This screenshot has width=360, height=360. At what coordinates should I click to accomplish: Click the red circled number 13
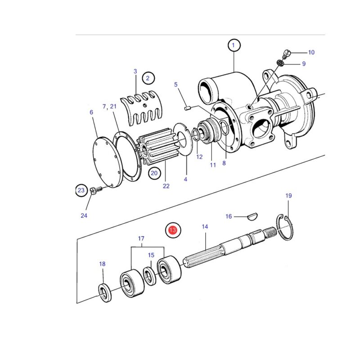(173, 230)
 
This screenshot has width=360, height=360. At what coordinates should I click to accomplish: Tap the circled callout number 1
(234, 45)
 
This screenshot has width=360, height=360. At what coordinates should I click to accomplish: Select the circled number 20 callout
(154, 173)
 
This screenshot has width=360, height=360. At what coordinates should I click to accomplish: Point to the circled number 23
(81, 190)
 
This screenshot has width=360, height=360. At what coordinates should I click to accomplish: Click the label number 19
(288, 196)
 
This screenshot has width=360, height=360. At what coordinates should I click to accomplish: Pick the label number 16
(229, 216)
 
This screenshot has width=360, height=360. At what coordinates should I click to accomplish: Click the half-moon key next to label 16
(253, 216)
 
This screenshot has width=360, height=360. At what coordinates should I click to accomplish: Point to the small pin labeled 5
(187, 108)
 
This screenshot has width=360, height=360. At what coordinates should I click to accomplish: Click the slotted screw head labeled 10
(287, 53)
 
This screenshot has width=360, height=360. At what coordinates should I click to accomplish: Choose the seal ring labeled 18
(105, 293)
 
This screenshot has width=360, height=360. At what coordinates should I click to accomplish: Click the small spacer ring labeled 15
(150, 276)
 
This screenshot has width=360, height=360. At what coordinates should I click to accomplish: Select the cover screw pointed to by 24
(95, 190)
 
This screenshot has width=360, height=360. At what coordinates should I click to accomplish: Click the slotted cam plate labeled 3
(141, 108)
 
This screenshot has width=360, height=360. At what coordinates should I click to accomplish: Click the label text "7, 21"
(109, 107)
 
